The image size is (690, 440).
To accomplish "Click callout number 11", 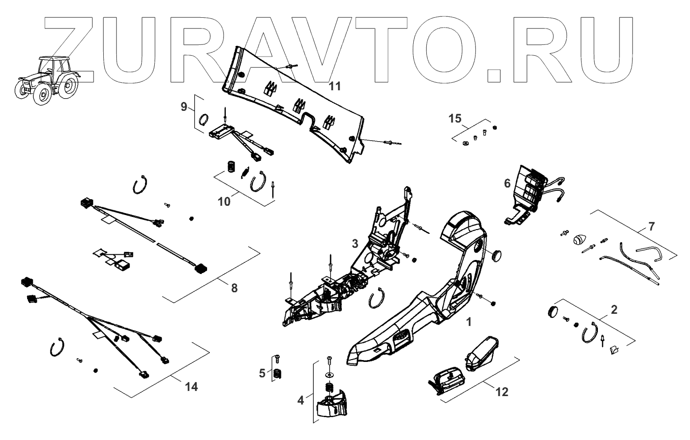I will pos(335,86).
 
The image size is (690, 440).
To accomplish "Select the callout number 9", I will pos(184,107).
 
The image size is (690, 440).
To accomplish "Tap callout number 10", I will pos(224,201).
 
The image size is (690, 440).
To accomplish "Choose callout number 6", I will pos(507,184).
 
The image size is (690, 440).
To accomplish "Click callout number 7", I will pos(651,226).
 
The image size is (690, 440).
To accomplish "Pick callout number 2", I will pos(614,309).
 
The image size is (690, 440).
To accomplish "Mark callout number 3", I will pos(355,243).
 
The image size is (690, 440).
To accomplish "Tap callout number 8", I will pos(234,288).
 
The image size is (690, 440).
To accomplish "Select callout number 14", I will pos(191,387).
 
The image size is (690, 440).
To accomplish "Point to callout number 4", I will pos(301,400).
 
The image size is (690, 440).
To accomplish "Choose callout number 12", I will pos(502,391).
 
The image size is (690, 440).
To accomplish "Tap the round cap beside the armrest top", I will pos(497,255).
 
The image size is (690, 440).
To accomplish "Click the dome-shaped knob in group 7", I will pos(579,238).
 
